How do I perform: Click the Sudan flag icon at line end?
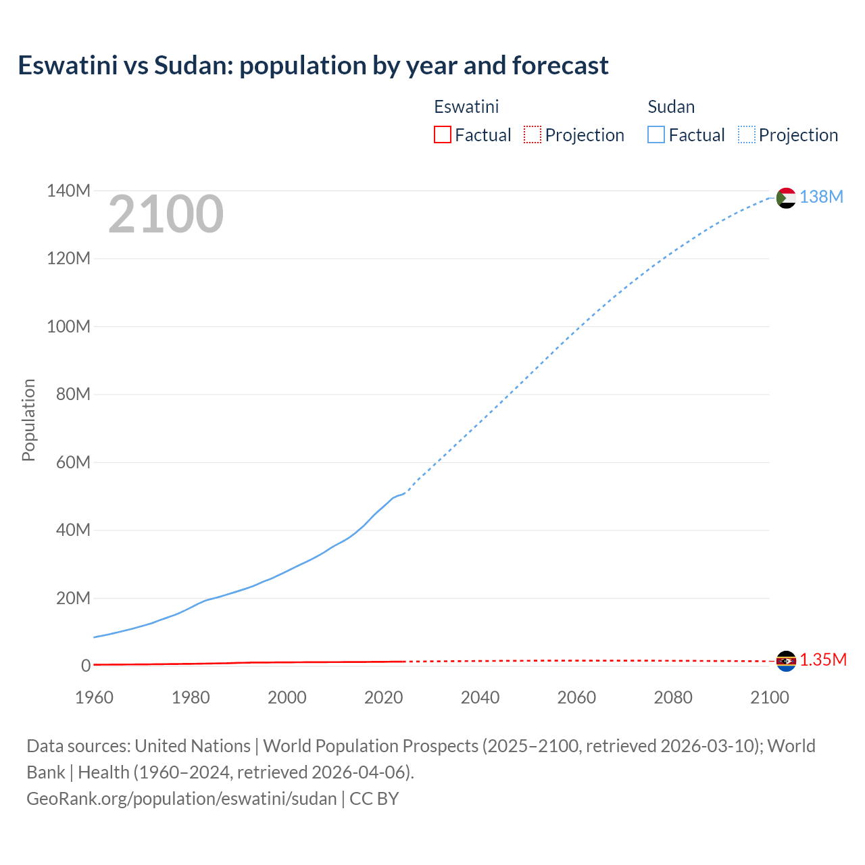(786, 198)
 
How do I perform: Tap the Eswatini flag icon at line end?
(786, 661)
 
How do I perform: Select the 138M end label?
(821, 197)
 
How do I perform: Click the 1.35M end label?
(823, 660)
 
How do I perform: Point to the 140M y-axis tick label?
(68, 191)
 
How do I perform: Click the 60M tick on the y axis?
(73, 463)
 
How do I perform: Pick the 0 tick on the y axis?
(86, 666)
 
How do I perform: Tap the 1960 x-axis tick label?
(94, 697)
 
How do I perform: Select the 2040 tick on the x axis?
(480, 697)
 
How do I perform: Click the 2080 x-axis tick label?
(673, 697)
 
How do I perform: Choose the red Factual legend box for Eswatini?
(443, 135)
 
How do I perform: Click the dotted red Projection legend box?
(533, 135)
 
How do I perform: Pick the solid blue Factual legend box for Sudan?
(656, 135)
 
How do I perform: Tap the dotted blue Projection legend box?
(747, 135)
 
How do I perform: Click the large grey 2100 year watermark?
(166, 214)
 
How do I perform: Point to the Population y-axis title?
(28, 420)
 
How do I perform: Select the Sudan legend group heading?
(671, 107)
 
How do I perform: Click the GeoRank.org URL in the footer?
(181, 799)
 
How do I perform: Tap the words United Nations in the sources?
(193, 746)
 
